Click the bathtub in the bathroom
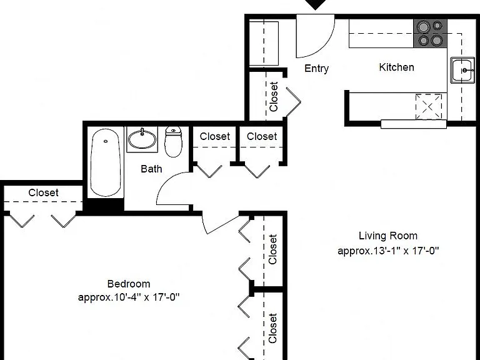106,162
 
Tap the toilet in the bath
173,142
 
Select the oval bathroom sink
142,139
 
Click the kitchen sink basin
462,70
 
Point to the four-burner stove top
430,33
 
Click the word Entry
316,68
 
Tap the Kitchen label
396,67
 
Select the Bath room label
151,169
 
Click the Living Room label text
388,236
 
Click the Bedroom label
129,284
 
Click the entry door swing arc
324,46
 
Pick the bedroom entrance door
221,226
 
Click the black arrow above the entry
316,4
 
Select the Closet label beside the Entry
273,96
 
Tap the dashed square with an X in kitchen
429,107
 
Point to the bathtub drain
106,141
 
